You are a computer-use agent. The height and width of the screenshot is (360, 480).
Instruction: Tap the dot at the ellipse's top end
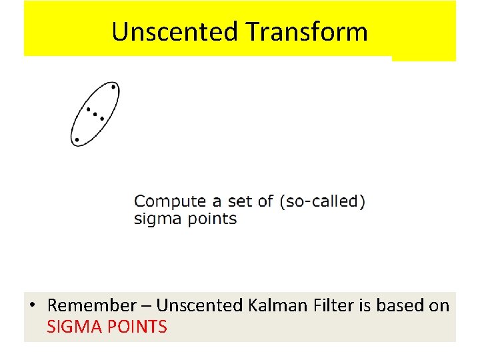point(113,87)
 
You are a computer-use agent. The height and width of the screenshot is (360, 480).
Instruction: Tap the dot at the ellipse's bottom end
point(77,140)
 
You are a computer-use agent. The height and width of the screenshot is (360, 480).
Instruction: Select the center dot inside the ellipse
point(95,114)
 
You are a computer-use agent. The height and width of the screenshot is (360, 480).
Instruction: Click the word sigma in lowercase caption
point(153,219)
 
